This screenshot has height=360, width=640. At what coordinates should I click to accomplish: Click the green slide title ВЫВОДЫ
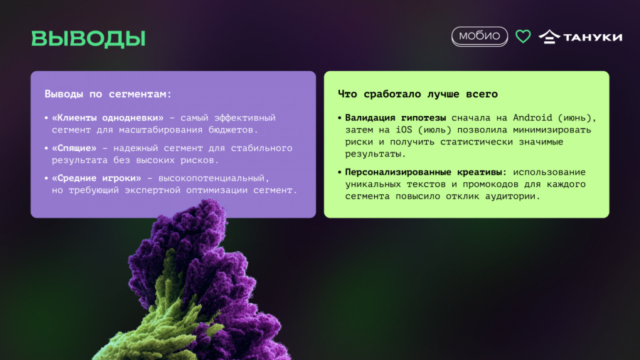(x=88, y=38)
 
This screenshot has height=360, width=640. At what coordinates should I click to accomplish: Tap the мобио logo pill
(x=479, y=36)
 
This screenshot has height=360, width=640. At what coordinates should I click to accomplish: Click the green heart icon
(x=523, y=36)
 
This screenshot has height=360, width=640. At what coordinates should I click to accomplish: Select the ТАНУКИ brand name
(x=592, y=37)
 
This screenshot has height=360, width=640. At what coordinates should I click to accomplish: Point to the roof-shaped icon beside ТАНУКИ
(x=550, y=37)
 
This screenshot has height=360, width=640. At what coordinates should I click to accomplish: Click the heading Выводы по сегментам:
(x=108, y=94)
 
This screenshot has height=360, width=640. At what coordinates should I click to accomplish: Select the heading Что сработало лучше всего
(x=417, y=94)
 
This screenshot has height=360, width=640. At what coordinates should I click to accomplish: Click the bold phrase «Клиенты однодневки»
(x=107, y=118)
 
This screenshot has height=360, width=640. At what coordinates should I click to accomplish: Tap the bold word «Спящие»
(x=74, y=148)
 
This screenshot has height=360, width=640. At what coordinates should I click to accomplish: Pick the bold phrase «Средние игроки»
(x=96, y=179)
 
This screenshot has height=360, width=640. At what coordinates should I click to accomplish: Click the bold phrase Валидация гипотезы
(x=395, y=118)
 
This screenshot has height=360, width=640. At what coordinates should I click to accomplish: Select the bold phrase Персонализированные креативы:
(x=426, y=172)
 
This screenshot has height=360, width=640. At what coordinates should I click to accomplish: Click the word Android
(x=532, y=117)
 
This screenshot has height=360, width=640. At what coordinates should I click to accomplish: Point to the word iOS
(x=404, y=129)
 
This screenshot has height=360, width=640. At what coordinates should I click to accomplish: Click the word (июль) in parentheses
(x=434, y=130)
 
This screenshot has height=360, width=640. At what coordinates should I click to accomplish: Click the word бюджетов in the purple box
(x=233, y=130)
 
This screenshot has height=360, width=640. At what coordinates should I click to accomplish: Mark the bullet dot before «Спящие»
(x=46, y=148)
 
